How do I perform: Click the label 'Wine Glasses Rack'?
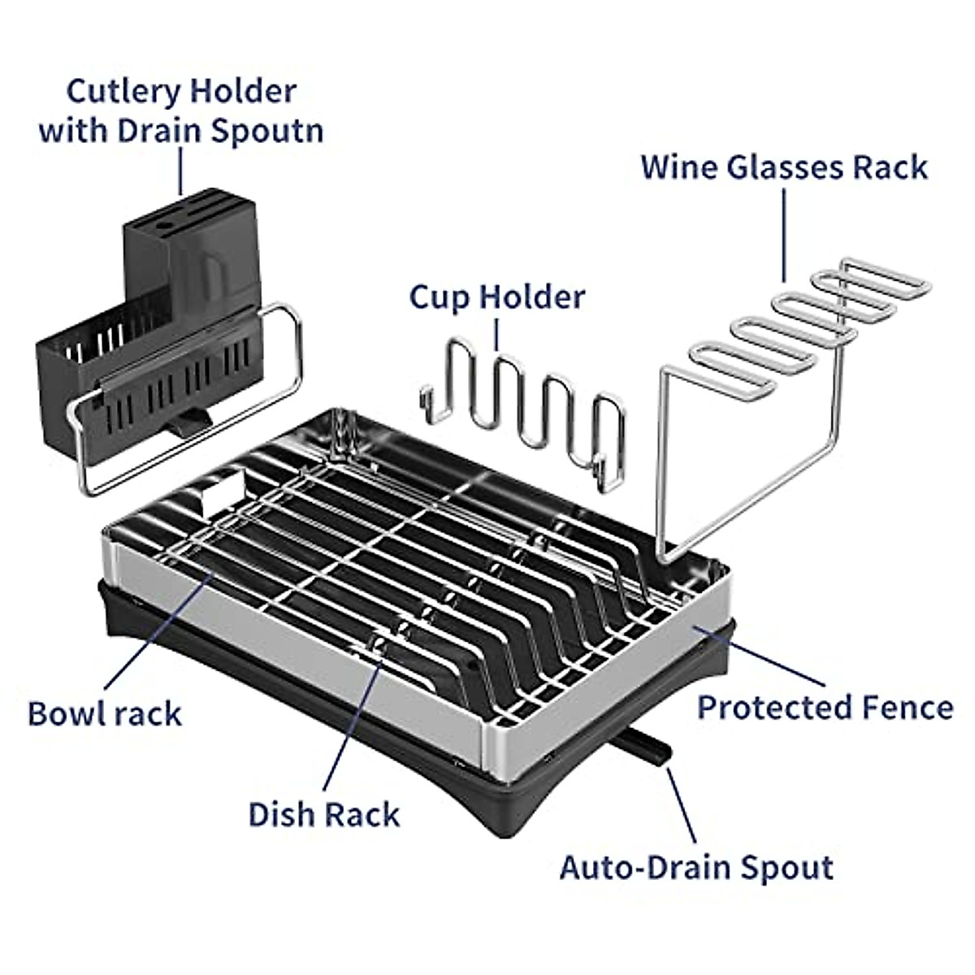pos(784,167)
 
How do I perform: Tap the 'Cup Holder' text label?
pos(496,297)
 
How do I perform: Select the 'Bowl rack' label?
pos(105,714)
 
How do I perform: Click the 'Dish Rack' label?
pos(324,814)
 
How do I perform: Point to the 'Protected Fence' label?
pos(825,707)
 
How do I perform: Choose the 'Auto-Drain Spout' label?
pos(696,867)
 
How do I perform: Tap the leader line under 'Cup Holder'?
pos(497,335)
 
